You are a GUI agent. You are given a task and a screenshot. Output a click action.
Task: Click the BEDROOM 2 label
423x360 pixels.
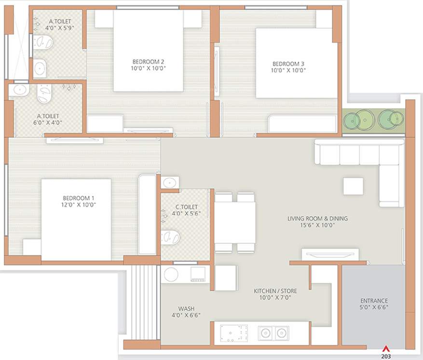(148, 62)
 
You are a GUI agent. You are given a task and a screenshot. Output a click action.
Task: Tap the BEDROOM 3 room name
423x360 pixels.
(288, 64)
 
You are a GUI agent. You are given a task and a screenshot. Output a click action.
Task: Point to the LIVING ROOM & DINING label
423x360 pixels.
(317, 218)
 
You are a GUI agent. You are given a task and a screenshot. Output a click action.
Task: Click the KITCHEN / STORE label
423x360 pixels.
(275, 291)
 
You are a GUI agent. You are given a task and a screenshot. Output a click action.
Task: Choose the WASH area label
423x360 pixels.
(186, 308)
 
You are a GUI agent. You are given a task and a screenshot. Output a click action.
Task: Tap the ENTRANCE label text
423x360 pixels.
(374, 301)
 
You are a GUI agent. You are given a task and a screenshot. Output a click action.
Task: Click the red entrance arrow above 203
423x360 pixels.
(385, 349)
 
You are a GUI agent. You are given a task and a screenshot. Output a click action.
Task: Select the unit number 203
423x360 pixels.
(385, 357)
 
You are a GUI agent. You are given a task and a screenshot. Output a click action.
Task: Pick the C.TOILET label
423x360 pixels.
(185, 207)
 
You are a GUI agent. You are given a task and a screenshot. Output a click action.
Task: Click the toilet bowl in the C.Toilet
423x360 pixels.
(171, 237)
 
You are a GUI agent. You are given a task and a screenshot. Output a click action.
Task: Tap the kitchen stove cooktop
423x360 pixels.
(234, 333)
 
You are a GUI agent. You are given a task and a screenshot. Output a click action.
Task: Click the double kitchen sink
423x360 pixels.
(273, 333)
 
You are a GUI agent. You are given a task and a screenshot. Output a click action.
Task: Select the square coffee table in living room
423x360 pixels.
(353, 186)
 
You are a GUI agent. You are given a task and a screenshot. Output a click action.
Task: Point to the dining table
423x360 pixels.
(235, 223)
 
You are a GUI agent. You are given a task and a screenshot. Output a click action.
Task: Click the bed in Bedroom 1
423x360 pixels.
(76, 220)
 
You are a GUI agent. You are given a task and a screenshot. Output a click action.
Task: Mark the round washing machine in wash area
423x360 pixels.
(171, 274)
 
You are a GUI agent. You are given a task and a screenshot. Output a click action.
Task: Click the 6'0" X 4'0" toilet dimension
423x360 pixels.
(48, 122)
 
